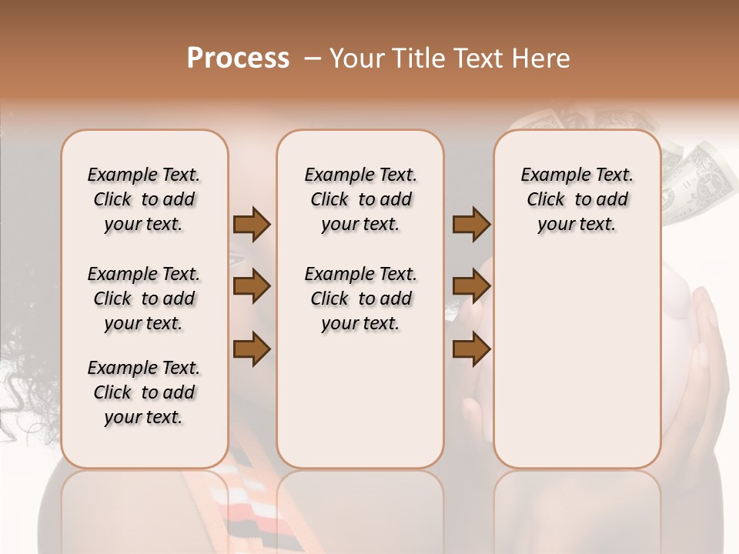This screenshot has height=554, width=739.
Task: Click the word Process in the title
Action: pos(238,58)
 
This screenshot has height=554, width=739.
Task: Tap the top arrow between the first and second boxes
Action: pos(252,225)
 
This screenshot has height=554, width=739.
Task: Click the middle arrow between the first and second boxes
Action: pos(252,287)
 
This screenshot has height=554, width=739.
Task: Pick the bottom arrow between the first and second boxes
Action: pos(252,349)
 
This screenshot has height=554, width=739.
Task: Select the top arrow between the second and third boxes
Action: pos(471,225)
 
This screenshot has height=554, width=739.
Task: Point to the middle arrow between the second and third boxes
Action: pos(471,287)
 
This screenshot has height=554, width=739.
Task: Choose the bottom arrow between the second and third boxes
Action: pos(471,349)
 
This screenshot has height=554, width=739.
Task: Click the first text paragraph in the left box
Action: pos(144,199)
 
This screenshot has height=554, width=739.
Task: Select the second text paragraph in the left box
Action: pos(144,299)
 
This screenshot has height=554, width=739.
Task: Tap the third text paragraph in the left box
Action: pos(144,392)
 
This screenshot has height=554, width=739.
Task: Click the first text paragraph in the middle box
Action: pos(360,199)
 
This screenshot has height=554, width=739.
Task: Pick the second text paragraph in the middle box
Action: pos(360,299)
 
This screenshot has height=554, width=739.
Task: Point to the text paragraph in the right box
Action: pos(577,199)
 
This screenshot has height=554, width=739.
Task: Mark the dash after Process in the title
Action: pos(311,58)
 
